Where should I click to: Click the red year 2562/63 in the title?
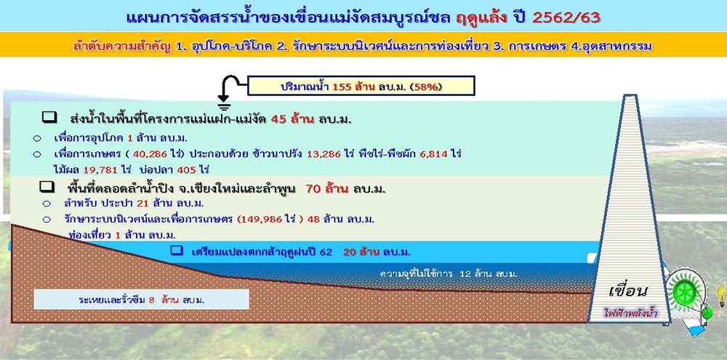(566, 17)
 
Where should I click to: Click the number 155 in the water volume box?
(341, 87)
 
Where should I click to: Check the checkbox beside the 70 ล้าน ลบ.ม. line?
(47, 188)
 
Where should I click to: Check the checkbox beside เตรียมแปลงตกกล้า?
(176, 250)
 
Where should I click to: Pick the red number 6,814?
(435, 153)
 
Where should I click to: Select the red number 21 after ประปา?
(142, 203)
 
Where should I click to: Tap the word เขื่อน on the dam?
(628, 292)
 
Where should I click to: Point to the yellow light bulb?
(721, 295)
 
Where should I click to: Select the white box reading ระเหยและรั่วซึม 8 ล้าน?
(142, 300)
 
